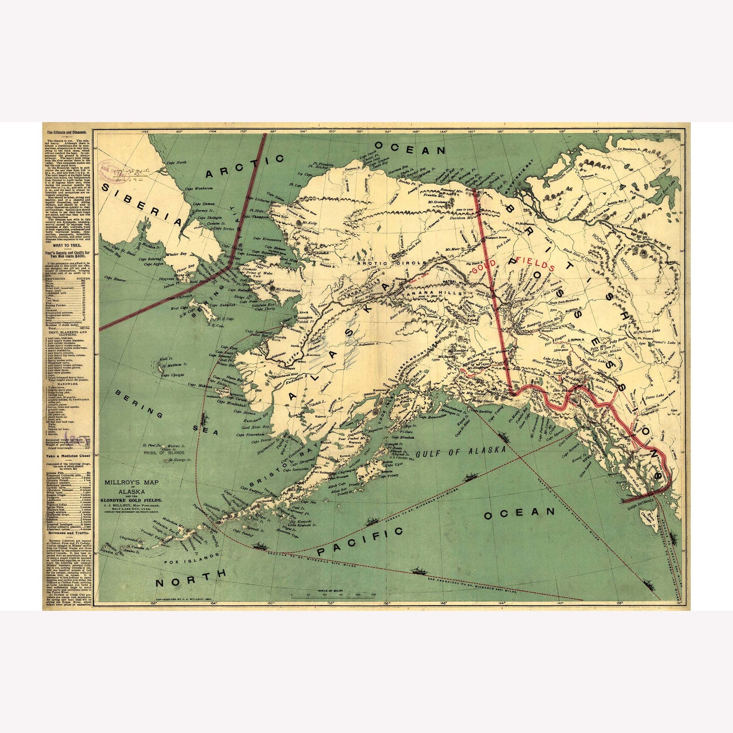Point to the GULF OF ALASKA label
(x=461, y=451)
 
